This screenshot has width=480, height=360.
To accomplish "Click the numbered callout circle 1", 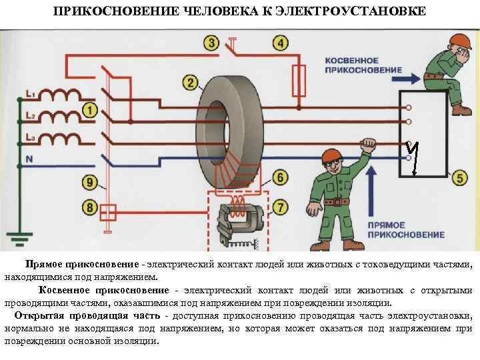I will (x=89, y=109).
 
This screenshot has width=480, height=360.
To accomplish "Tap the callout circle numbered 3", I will (x=211, y=43).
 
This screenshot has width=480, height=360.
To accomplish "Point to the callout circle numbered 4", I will (x=280, y=43).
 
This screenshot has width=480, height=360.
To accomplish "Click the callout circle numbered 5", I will (x=459, y=178).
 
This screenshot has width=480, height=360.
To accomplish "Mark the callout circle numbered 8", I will (x=89, y=208).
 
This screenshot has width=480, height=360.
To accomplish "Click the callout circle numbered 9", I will (x=89, y=181).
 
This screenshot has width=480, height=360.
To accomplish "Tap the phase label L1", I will (x=29, y=92).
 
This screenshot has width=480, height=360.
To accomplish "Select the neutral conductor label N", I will (x=28, y=159).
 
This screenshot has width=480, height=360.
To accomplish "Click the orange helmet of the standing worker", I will (x=331, y=157).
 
